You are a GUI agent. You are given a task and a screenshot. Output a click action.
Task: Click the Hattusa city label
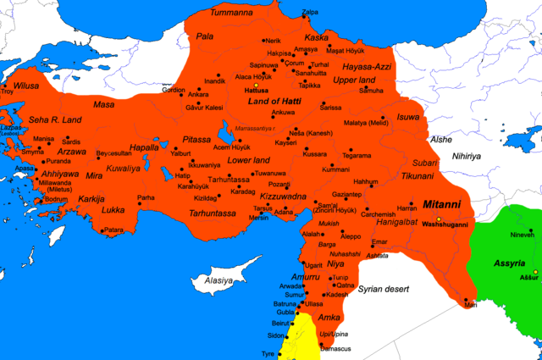256,89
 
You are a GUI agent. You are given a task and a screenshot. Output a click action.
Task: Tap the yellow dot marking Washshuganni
440,219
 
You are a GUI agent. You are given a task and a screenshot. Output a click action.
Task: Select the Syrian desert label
384,289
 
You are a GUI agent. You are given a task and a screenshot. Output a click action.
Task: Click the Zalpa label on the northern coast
311,12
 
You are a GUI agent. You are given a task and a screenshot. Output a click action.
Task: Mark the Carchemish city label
379,214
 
